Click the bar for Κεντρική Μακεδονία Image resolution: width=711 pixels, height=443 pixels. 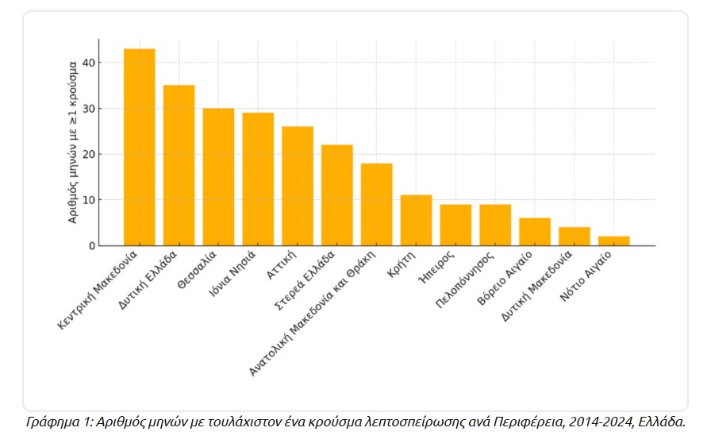pos(139,147)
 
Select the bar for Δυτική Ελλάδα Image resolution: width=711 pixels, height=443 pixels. pos(179,165)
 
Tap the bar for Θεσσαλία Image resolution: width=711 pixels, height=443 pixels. pos(218,176)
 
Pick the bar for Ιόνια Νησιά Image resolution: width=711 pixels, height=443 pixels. pos(258,179)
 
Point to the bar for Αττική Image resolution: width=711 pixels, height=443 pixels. pos(298,186)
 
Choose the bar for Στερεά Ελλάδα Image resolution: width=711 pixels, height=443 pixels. pos(337,195)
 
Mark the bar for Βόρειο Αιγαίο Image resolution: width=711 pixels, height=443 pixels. pos(535,232)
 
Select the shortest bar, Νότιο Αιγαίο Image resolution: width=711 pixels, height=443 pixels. pos(614,241)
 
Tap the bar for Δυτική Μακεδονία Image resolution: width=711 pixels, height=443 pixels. pos(575,237)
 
